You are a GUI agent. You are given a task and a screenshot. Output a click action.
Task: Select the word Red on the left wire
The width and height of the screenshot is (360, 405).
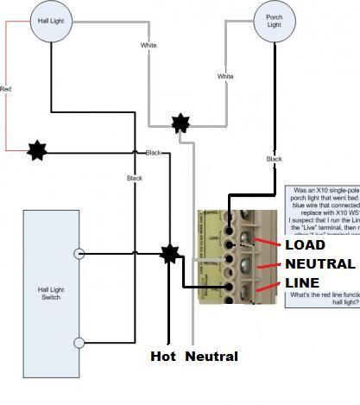click(5, 88)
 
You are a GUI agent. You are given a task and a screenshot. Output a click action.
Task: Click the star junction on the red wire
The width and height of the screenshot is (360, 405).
click(35, 150)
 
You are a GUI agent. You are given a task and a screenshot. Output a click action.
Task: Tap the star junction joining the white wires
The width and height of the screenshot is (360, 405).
click(180, 123)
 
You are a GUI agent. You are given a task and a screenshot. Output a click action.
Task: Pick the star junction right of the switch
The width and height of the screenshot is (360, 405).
click(170, 254)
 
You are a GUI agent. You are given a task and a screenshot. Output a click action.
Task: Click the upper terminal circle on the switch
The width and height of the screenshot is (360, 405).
click(79, 254)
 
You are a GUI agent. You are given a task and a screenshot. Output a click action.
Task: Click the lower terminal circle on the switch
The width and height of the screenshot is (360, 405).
click(79, 343)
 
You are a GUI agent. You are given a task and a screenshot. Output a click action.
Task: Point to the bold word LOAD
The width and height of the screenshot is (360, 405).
click(305, 245)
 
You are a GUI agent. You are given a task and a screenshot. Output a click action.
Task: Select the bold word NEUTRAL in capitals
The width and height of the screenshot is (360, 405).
click(319, 264)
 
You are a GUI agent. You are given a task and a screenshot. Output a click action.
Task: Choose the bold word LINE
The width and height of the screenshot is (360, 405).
click(302, 283)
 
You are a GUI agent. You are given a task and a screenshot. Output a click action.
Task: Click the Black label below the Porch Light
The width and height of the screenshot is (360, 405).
click(274, 159)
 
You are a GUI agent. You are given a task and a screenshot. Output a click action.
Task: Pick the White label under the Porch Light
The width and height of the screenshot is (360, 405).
click(225, 77)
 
